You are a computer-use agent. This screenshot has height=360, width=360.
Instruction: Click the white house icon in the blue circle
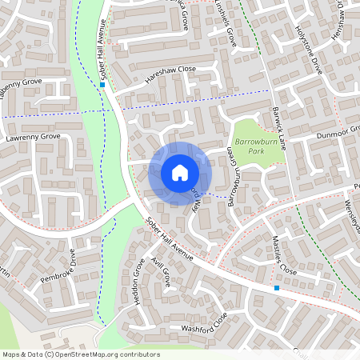coord(180,172)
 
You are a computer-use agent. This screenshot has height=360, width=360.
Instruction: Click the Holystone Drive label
coord(308,50)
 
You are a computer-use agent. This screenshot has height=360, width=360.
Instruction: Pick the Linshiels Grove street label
coord(224,22)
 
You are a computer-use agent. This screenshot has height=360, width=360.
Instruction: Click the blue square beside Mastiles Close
coord(277,287)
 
